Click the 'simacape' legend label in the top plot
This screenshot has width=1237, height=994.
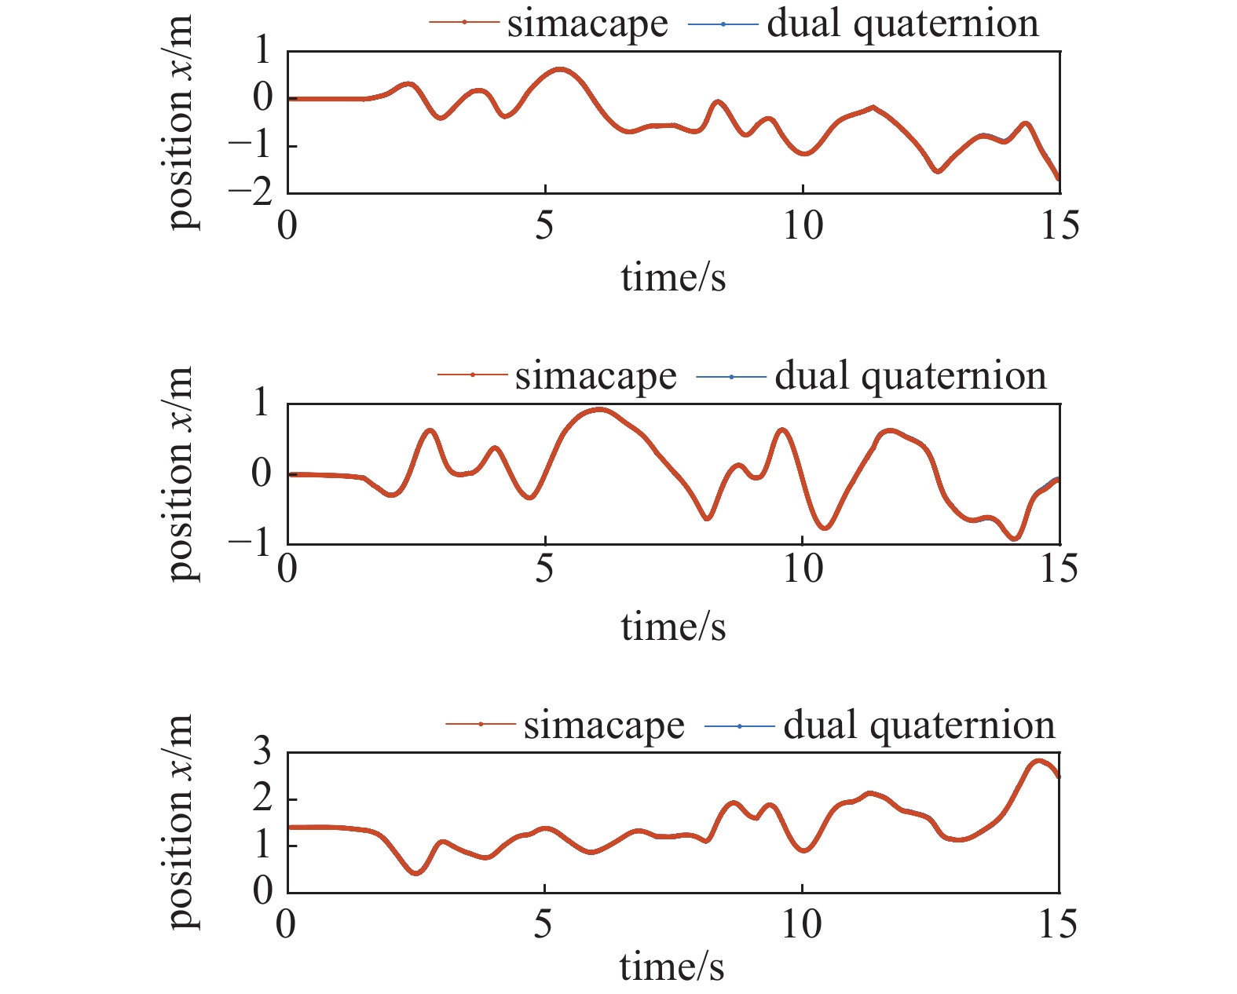coord(587,24)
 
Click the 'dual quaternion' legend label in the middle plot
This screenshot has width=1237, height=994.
coord(910,376)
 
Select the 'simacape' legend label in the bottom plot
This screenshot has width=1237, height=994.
coord(604,725)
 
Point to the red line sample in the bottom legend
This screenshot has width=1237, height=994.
coord(480,724)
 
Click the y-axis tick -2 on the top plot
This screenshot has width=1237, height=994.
coord(251,192)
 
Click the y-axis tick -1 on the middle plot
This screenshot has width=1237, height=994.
coord(251,543)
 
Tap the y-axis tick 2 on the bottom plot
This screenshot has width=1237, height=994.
coord(262,799)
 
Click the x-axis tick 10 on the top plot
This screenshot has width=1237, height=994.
coord(803,226)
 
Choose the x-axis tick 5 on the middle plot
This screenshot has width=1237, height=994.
coord(544,568)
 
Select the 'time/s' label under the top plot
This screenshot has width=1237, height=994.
coord(673,277)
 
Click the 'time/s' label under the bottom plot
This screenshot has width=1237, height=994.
coord(672,967)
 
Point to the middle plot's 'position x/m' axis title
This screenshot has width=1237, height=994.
coord(181,474)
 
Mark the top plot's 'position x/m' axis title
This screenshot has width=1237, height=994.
coord(181,124)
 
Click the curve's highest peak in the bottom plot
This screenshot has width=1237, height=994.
coord(1038,761)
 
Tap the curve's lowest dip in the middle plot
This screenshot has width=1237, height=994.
coord(1014,539)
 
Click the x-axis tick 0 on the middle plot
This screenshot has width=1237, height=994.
coord(287,568)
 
